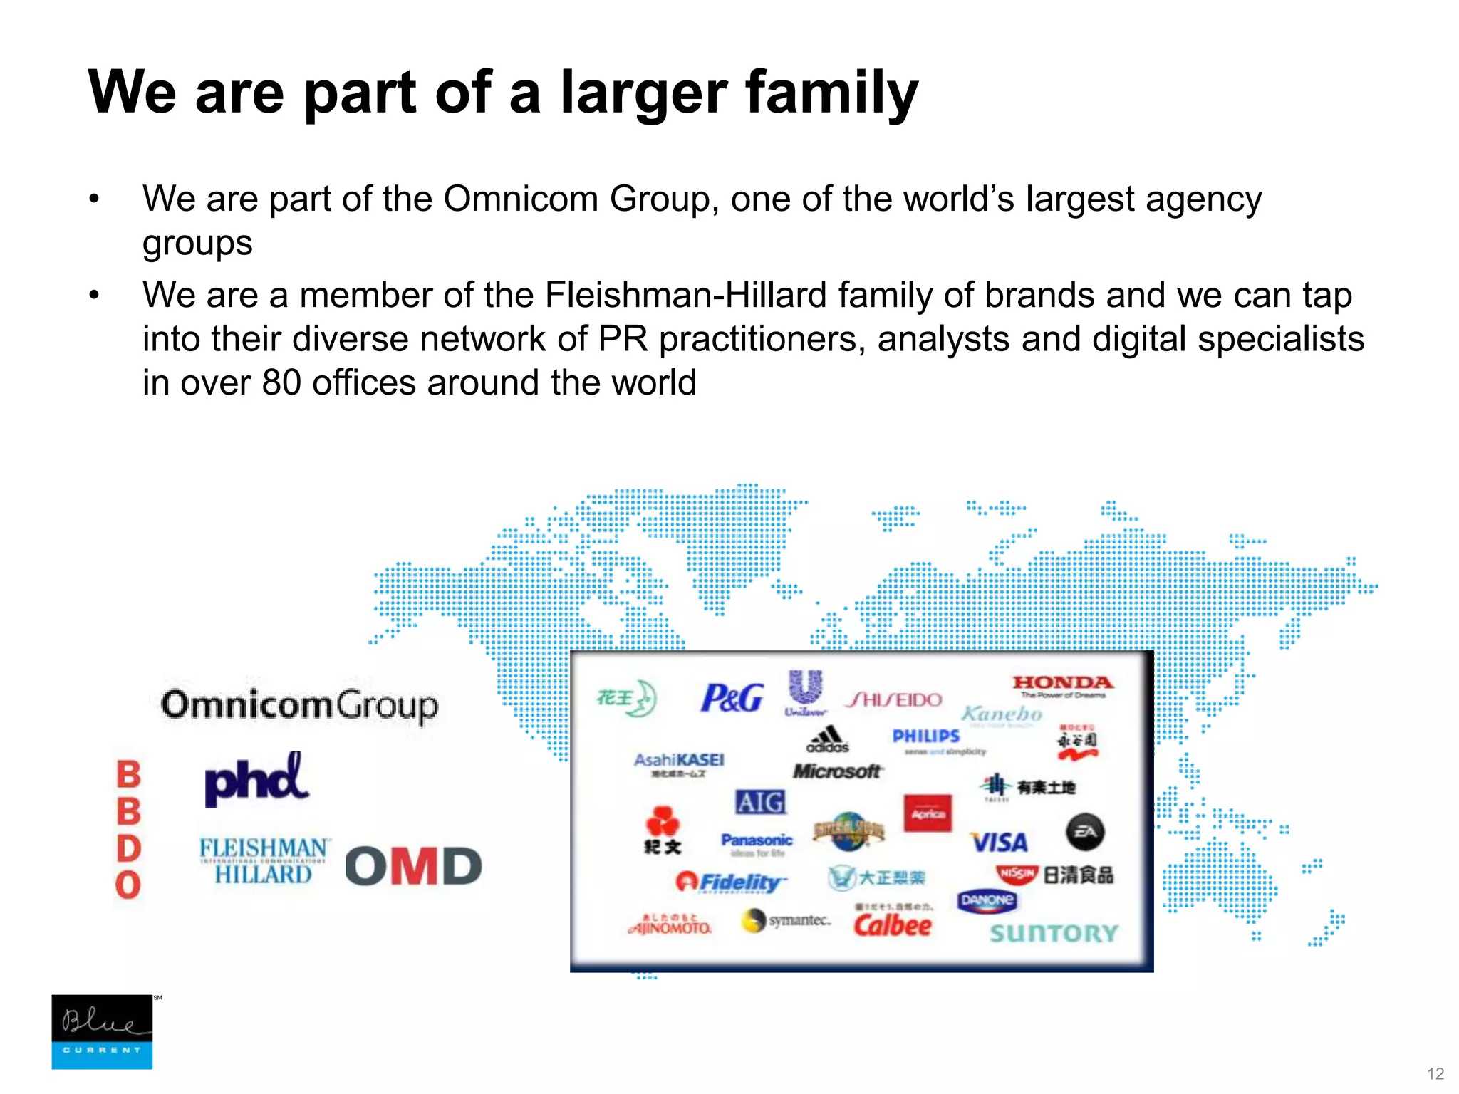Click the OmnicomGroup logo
point(299,705)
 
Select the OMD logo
point(413,866)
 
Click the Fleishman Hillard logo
point(264,860)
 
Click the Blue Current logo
point(102,1031)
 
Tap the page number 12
point(1435,1074)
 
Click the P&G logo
point(732,698)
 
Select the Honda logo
point(1062,685)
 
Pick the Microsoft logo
point(838,771)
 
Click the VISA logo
point(1000,843)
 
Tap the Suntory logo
point(1054,933)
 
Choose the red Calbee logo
point(893,925)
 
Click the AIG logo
point(760,803)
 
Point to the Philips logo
point(926,736)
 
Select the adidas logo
point(828,739)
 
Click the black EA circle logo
point(1085,832)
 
